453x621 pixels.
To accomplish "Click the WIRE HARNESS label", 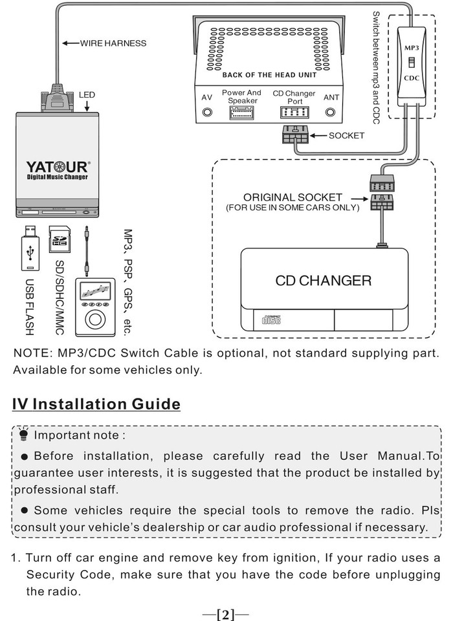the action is tap(113, 43).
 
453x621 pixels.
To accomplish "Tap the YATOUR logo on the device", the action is tap(58, 167).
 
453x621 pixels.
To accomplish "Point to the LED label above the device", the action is tap(87, 94).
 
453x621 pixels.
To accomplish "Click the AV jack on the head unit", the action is tap(207, 113).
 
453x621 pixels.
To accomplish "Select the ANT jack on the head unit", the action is tap(330, 113).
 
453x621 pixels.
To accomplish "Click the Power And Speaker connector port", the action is tap(241, 113).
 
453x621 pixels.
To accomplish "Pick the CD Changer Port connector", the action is tap(294, 113).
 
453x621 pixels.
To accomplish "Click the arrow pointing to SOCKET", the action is tap(318, 135).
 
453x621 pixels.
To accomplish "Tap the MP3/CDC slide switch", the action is tap(412, 63).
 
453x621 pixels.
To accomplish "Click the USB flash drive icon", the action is tap(30, 248).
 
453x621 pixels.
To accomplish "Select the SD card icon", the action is tap(60, 239).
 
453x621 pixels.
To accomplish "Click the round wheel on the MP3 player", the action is tap(95, 319).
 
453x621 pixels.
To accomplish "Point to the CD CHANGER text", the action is tap(324, 281).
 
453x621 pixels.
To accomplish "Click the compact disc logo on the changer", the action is tap(272, 319).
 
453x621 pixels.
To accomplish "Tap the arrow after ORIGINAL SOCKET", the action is tap(359, 199).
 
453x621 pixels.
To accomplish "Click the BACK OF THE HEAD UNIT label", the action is tap(269, 75).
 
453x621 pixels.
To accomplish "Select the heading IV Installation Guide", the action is tap(96, 404).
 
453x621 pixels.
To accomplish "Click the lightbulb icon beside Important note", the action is tap(24, 433).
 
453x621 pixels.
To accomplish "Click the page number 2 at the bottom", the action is tap(225, 615).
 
